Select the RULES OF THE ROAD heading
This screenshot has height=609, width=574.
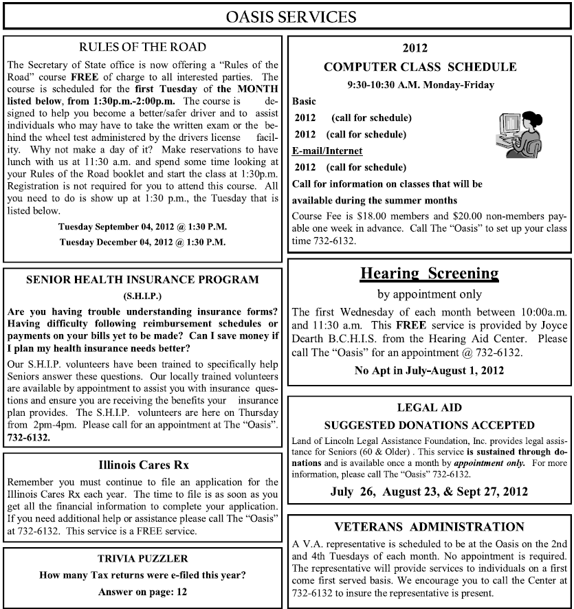142,47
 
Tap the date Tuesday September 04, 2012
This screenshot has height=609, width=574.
142,226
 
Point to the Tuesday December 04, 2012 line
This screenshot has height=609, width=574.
142,242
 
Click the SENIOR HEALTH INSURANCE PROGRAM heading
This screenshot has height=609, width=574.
142,280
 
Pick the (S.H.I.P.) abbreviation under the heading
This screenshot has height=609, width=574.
142,296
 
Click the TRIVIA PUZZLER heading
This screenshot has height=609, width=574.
142,559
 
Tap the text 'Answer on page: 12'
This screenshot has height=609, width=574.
142,591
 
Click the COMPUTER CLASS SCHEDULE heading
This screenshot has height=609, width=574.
430,67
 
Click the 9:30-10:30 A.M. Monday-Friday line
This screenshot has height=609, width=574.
430,85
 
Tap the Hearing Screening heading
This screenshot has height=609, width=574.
430,274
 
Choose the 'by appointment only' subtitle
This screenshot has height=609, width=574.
430,295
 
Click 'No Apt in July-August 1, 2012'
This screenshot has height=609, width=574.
430,371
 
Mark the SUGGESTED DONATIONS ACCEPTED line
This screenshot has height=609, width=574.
430,425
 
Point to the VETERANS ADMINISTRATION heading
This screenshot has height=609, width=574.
430,527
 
